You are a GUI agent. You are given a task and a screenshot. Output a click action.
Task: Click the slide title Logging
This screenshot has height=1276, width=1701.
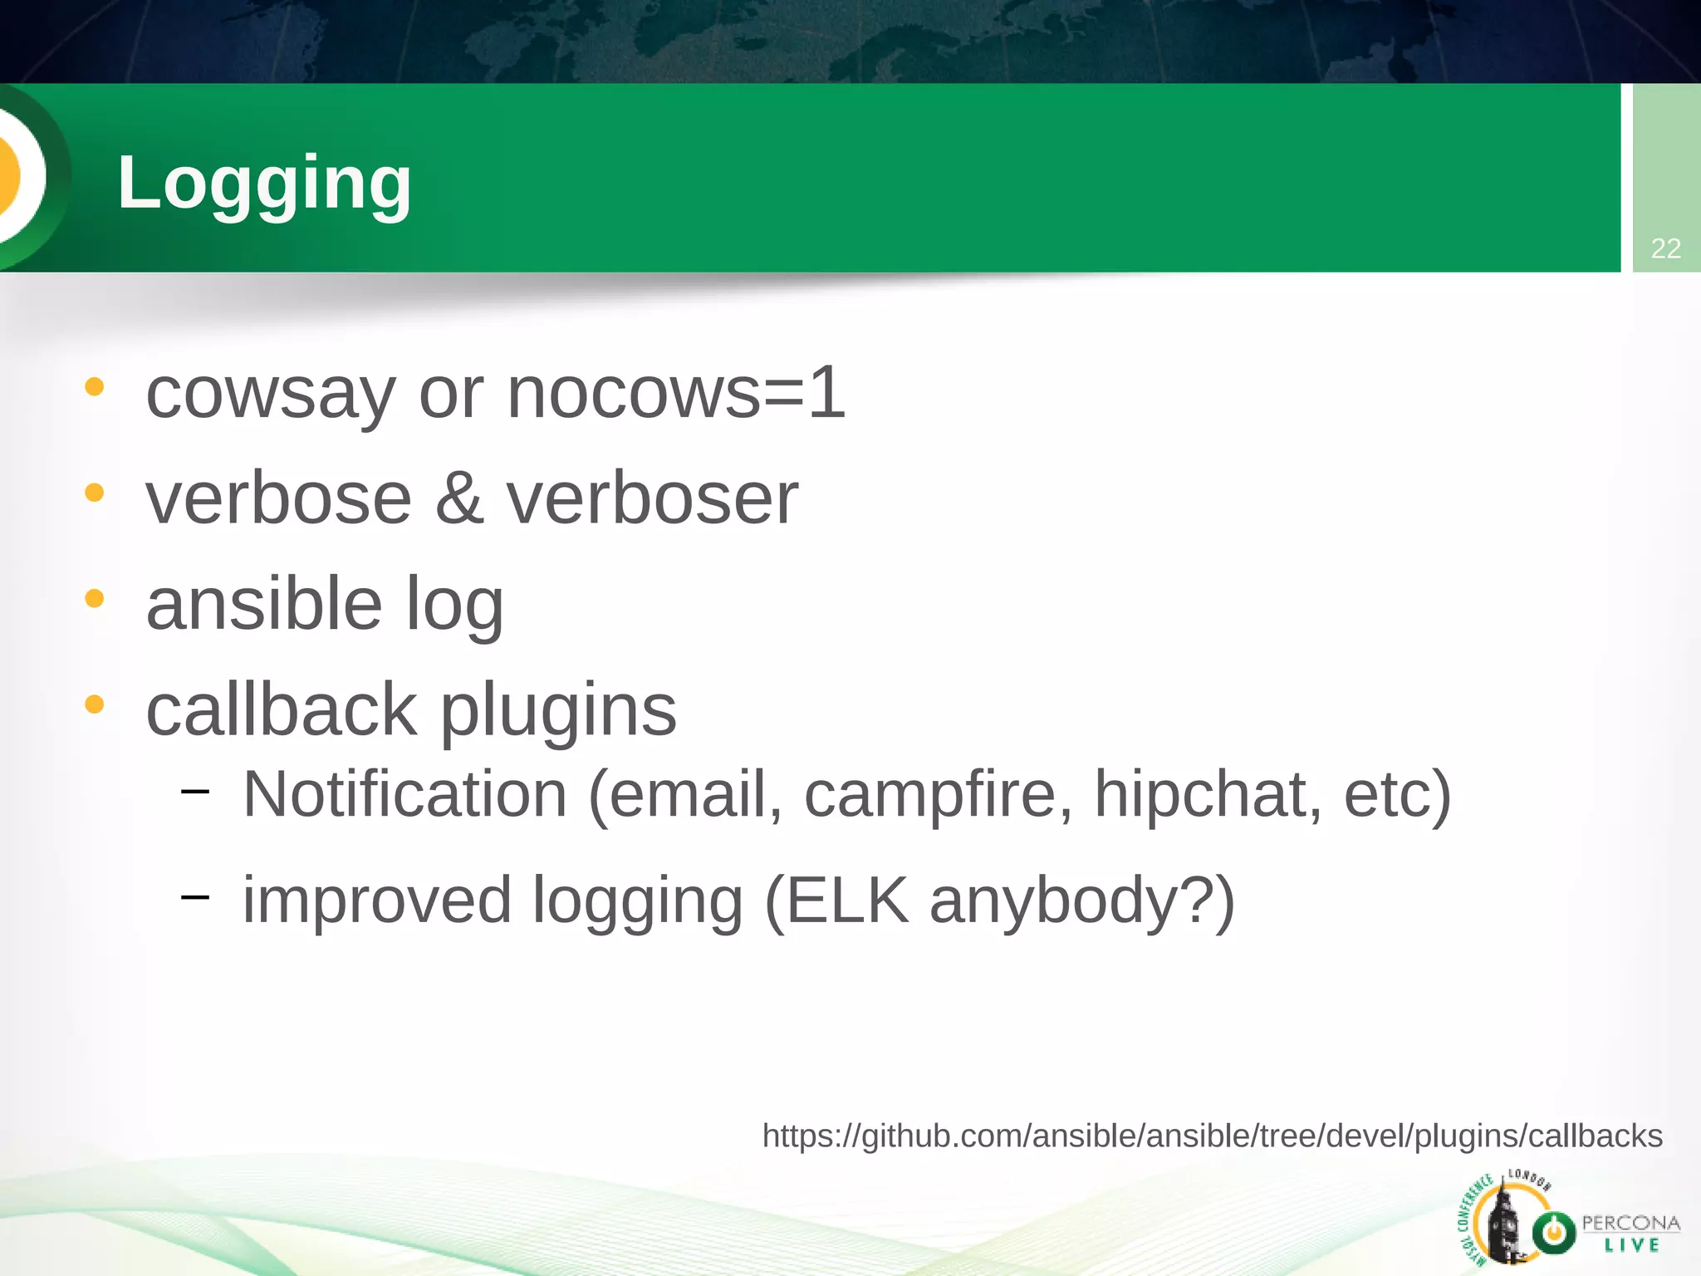264,184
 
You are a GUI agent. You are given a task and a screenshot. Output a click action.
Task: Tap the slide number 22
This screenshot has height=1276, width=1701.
1665,248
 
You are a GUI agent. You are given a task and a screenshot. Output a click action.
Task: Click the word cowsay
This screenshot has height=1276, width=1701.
270,393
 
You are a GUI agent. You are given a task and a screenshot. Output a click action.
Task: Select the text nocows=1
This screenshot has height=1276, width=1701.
675,393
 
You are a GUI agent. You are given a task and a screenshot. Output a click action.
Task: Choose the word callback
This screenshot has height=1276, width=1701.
281,709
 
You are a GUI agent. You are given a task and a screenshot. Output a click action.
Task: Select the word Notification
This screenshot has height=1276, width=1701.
404,794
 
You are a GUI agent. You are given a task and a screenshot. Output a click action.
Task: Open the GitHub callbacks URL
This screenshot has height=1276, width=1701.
1212,1136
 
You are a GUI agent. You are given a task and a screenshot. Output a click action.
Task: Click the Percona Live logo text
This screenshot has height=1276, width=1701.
1630,1233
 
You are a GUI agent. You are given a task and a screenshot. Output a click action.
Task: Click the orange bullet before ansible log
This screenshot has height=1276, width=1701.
95,598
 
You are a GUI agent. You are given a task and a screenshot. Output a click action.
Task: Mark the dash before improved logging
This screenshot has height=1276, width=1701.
194,896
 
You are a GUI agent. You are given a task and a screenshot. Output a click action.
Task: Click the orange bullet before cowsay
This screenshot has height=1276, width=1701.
95,387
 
